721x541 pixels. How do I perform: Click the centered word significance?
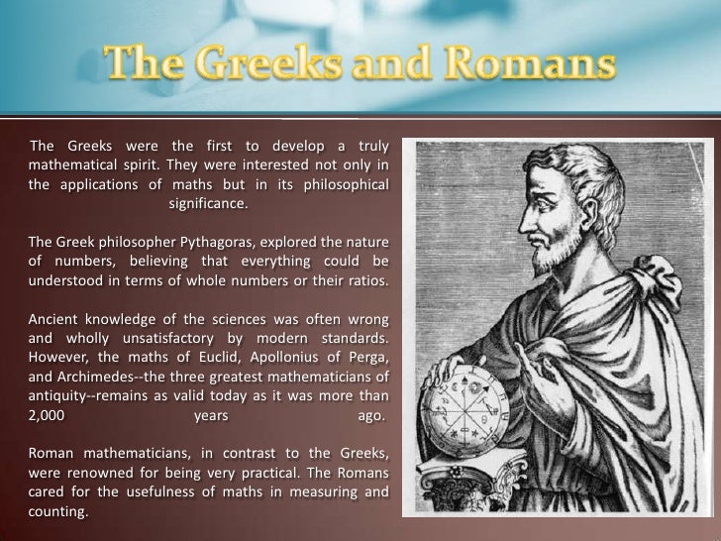[x=208, y=205]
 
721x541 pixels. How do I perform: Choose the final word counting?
[x=57, y=512]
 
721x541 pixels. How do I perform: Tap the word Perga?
[x=365, y=356]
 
